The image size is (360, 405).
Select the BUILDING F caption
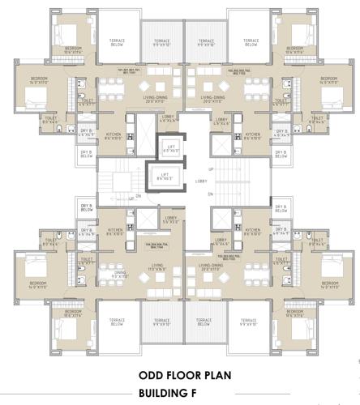(180, 394)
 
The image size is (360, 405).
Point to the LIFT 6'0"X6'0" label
(170, 149)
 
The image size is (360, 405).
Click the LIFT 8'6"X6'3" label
(165, 176)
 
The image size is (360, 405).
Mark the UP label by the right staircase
(211, 168)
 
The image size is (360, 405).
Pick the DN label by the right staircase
(210, 195)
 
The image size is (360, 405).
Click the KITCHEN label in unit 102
(252, 136)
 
